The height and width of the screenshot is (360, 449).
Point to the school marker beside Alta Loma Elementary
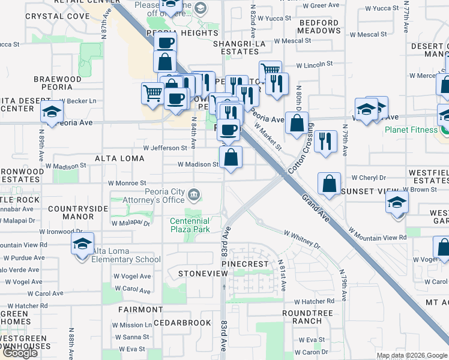[x=82, y=244]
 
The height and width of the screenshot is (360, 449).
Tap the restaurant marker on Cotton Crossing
[x=325, y=142]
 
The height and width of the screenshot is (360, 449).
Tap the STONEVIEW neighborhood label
[x=203, y=274]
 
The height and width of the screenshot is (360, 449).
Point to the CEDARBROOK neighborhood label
[x=182, y=323]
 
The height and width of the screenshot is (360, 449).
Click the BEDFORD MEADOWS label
[x=318, y=26]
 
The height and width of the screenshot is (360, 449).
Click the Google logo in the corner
[x=20, y=353]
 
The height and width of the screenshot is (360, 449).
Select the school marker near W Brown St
[x=397, y=202]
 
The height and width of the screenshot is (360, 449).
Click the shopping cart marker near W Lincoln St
[x=270, y=71]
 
